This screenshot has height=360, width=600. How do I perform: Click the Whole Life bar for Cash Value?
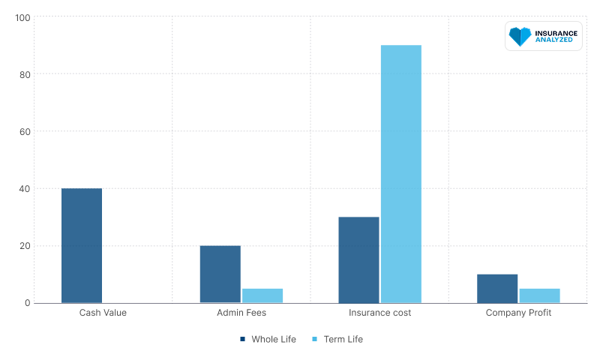(82, 245)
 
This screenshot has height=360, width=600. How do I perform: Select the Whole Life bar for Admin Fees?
(220, 274)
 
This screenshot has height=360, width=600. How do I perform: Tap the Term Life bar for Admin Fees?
(262, 295)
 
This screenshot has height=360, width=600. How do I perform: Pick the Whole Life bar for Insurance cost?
(359, 260)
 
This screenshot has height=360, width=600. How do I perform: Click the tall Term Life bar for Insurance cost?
(401, 174)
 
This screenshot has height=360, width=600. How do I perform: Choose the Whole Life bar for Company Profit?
(497, 289)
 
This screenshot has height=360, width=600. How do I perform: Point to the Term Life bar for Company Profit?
(539, 295)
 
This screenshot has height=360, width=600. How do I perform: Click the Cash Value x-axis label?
(103, 313)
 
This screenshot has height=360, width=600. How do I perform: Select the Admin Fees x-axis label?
(241, 313)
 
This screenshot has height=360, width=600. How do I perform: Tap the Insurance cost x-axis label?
(380, 313)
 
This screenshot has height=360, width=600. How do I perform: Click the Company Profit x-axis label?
(518, 313)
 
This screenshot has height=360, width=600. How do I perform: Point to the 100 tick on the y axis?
(22, 18)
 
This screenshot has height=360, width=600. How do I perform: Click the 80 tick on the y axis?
(25, 74)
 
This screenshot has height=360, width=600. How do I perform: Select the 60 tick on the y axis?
(25, 131)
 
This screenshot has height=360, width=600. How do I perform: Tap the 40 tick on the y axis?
(25, 188)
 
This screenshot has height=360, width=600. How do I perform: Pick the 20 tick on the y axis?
(25, 245)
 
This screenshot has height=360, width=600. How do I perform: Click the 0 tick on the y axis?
(28, 302)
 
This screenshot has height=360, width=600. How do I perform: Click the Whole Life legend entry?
(268, 339)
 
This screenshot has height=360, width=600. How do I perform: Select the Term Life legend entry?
(337, 339)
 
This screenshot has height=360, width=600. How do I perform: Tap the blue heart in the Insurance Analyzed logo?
(520, 36)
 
